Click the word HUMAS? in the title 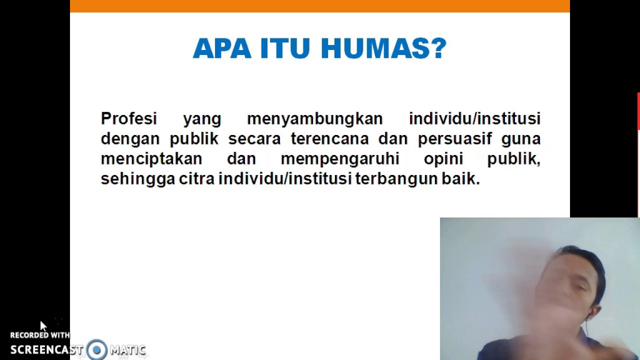pyautogui.click(x=383, y=48)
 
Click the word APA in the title pyautogui.click(x=221, y=48)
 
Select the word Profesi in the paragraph pyautogui.click(x=129, y=118)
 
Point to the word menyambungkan pyautogui.click(x=314, y=119)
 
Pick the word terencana pyautogui.click(x=329, y=138)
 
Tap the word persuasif pyautogui.click(x=455, y=139)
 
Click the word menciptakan pyautogui.click(x=151, y=159)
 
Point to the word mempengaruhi pyautogui.click(x=340, y=159)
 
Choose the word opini pyautogui.click(x=443, y=159)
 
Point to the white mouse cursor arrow pyautogui.click(x=43, y=326)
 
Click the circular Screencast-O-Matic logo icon pyautogui.click(x=96, y=349)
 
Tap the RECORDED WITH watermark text pyautogui.click(x=40, y=335)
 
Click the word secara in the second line pyautogui.click(x=254, y=139)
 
